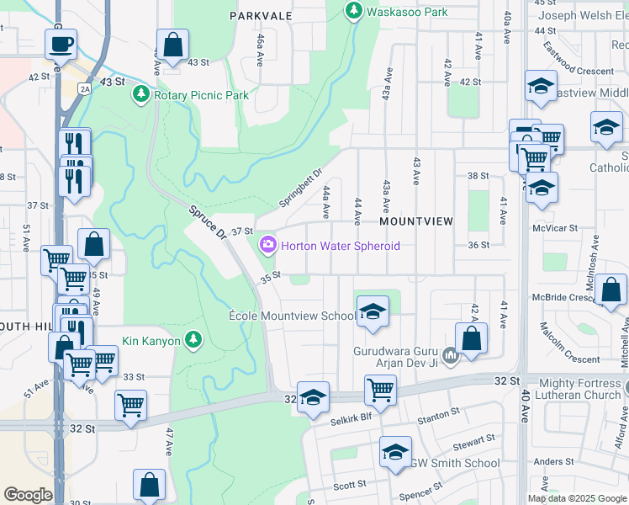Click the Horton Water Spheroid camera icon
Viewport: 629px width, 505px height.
pos(268,245)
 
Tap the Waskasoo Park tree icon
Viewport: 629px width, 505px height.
pos(353,11)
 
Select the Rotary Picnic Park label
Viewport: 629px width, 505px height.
pos(201,95)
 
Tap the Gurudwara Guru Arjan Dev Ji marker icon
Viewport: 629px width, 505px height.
pos(450,357)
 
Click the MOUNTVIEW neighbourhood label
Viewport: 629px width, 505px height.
pos(416,221)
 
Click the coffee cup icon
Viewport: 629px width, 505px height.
pos(61,44)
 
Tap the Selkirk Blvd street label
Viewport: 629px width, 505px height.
pos(351,420)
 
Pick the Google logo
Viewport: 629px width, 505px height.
pos(28,495)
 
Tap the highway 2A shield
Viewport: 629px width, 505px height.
pos(85,88)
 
